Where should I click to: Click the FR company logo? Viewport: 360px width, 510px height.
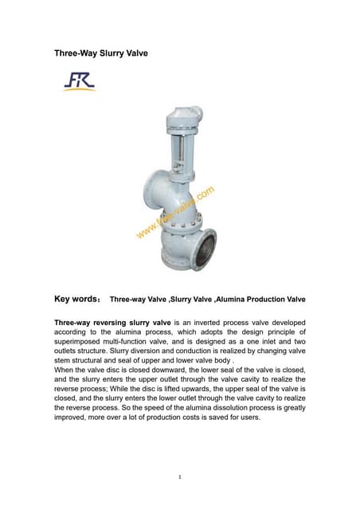click(79, 80)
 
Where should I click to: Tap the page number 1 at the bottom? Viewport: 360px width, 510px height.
click(180, 477)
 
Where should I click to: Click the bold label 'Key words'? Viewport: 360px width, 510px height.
click(75, 300)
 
